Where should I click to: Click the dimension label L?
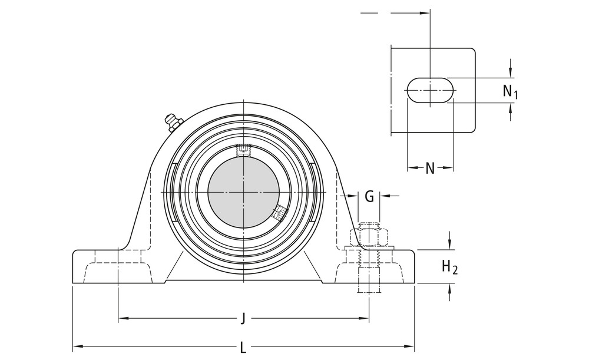[243, 347]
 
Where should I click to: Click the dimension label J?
[243, 319]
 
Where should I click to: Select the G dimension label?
[369, 196]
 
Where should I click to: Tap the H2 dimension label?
[449, 267]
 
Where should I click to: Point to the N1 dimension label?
[510, 91]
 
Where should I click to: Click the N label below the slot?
[430, 169]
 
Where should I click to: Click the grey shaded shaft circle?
[243, 193]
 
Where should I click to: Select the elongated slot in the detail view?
[430, 91]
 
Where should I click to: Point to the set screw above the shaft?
[243, 150]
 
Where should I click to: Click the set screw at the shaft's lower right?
[280, 212]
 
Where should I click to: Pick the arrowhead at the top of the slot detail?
[425, 12]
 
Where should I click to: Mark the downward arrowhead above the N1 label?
[510, 73]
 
